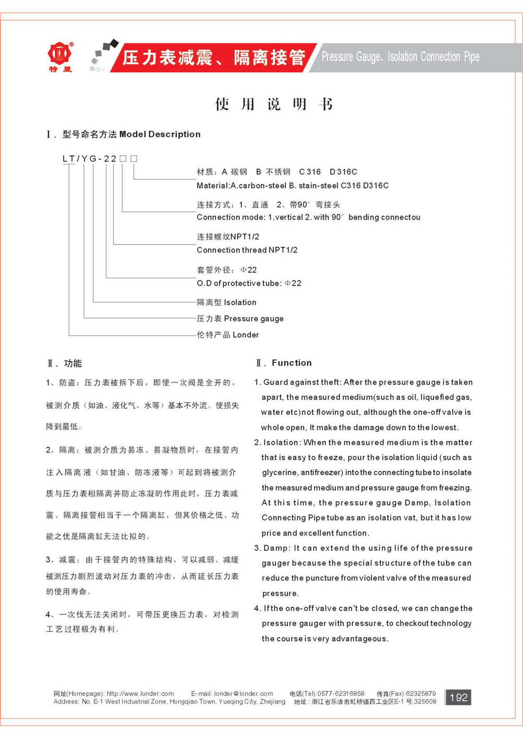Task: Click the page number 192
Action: pyautogui.click(x=458, y=697)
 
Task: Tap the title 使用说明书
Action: pyautogui.click(x=274, y=104)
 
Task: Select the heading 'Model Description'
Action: pyautogui.click(x=160, y=134)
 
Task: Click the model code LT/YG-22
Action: pyautogui.click(x=89, y=158)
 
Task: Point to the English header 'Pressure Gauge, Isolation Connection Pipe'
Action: pyautogui.click(x=400, y=57)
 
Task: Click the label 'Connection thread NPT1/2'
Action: pyautogui.click(x=247, y=250)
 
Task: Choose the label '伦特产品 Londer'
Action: pyautogui.click(x=228, y=334)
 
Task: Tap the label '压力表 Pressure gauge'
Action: pyautogui.click(x=240, y=318)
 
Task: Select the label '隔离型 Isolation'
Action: pyautogui.click(x=226, y=302)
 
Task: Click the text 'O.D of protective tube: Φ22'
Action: pyautogui.click(x=249, y=283)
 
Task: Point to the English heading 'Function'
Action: pyautogui.click(x=291, y=363)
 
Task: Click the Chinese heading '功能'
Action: pyautogui.click(x=73, y=363)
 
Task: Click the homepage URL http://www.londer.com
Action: pyautogui.click(x=140, y=694)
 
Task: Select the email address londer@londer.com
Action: pyautogui.click(x=243, y=694)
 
